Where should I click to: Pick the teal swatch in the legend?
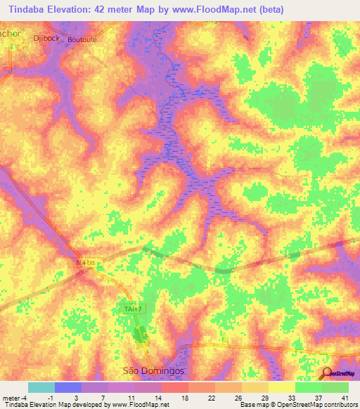[41, 387]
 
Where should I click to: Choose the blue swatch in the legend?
[67, 387]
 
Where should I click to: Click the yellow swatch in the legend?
[281, 387]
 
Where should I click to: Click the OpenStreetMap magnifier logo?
[328, 373]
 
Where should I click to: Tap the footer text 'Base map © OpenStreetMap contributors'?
[297, 405]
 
